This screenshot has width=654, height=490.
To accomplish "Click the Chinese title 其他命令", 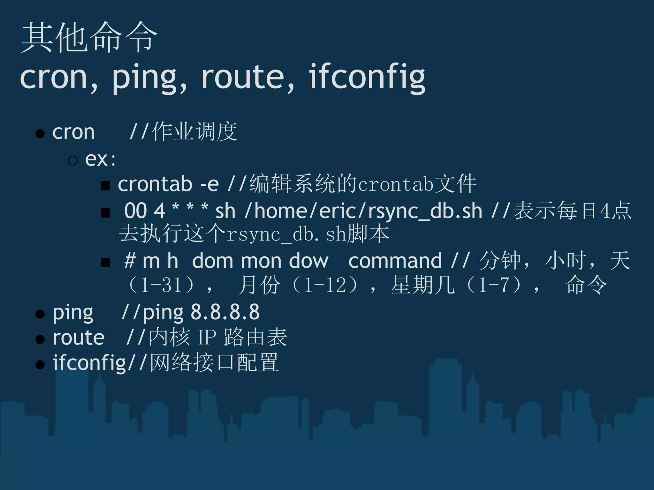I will pos(89,38).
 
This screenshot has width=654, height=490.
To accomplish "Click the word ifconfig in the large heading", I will pos(367,77).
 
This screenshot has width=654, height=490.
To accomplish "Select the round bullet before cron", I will pos(40,133).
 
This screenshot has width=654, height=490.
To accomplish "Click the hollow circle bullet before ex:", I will pos(73,160).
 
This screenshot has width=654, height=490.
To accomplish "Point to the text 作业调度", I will pos(194,131).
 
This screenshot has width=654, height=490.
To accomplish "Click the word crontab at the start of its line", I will pos(155,184).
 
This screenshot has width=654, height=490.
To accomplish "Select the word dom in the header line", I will pos(213,261).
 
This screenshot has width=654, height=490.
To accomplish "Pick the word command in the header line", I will pos(395,261).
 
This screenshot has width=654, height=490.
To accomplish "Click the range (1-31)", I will pos(162,285).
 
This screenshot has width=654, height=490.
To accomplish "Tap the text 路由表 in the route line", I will pos(255,337).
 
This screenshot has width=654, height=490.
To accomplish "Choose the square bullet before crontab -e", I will pos(105,186).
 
